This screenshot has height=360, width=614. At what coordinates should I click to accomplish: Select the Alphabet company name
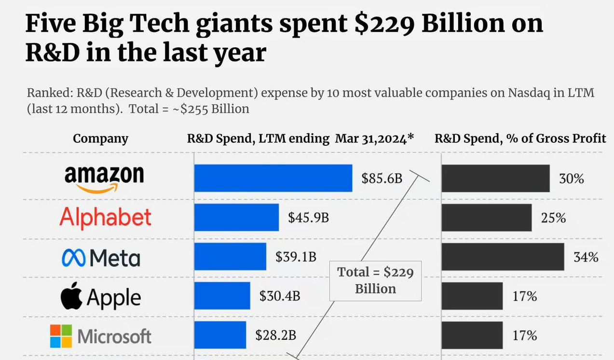tap(105, 218)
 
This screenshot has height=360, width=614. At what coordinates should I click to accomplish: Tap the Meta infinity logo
tap(73, 258)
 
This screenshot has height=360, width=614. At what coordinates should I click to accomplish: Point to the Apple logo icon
tap(71, 296)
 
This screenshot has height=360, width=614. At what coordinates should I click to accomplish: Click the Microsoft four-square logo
tap(61, 336)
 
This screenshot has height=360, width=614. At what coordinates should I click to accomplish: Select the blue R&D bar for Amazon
tap(273, 178)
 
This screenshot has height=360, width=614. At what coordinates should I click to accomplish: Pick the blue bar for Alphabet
tap(236, 217)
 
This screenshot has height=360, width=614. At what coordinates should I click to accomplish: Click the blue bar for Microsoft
tap(220, 335)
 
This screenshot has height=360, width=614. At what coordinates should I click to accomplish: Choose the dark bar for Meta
tap(502, 257)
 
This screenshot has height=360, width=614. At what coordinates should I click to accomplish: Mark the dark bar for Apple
tap(472, 296)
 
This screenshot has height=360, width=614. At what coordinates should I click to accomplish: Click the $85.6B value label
tap(382, 179)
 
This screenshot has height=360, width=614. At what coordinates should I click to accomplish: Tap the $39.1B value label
tap(296, 257)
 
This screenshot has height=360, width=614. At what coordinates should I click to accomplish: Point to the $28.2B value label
tap(275, 335)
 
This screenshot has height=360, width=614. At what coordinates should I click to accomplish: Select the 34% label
tap(586, 257)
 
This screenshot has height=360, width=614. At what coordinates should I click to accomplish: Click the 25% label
tap(553, 218)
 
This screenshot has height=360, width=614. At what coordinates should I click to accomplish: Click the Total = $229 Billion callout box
tap(375, 280)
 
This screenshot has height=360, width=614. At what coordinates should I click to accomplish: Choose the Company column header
tap(100, 139)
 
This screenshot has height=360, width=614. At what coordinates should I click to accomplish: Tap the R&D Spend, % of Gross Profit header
tap(520, 139)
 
